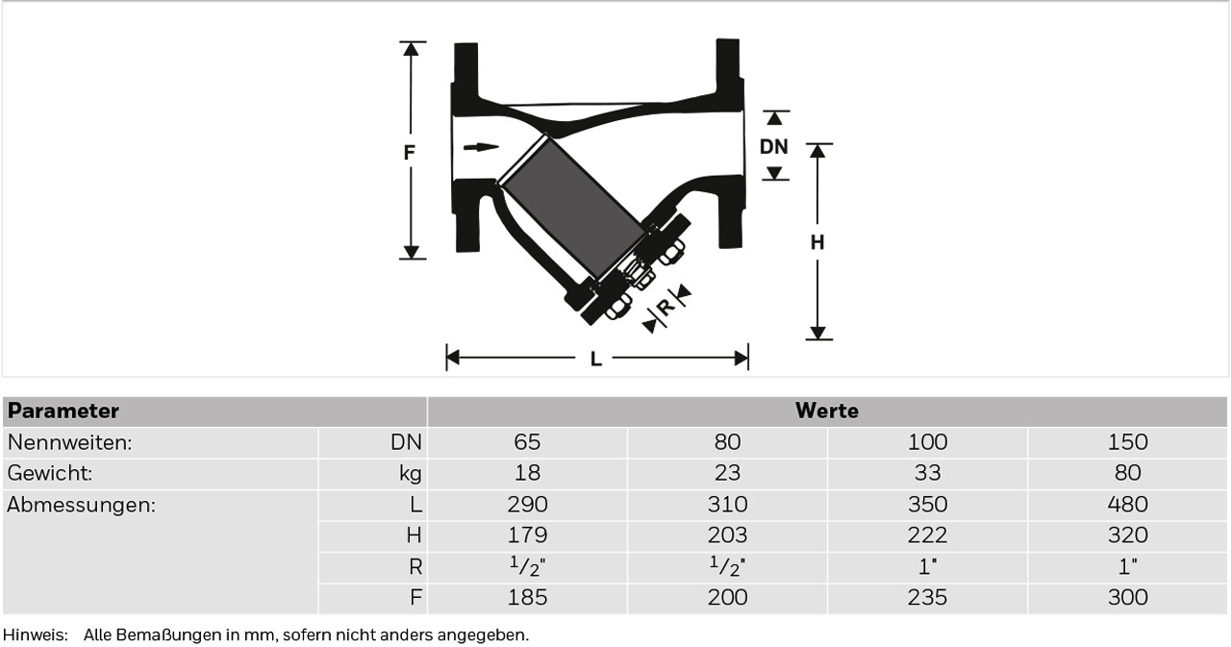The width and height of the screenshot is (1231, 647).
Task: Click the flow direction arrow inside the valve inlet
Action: (x=482, y=147)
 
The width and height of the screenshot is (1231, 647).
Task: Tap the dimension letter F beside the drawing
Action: (x=409, y=152)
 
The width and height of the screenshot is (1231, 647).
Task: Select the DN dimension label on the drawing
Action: (x=774, y=147)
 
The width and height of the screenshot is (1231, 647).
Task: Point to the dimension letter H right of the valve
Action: (x=817, y=242)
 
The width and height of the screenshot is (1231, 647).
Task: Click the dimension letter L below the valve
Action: (x=595, y=360)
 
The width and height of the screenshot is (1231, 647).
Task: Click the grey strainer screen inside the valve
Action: (x=574, y=208)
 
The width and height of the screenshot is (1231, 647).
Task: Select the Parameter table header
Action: (x=63, y=411)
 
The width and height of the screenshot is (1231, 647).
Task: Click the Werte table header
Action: (x=826, y=411)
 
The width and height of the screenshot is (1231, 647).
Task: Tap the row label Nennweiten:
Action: (x=70, y=442)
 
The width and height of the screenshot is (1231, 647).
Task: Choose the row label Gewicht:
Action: (x=49, y=473)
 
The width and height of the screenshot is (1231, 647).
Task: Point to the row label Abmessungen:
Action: (x=82, y=504)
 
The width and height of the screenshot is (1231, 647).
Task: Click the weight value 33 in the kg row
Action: (x=927, y=473)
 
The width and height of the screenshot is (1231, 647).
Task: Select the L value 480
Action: (x=1127, y=504)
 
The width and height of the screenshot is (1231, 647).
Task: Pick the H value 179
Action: (x=527, y=535)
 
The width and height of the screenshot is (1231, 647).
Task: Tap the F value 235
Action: (x=927, y=597)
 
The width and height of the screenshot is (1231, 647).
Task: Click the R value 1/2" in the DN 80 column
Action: (x=727, y=565)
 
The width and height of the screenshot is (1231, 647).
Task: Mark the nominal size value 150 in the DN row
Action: (x=1127, y=442)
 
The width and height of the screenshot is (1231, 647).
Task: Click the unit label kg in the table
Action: (x=411, y=473)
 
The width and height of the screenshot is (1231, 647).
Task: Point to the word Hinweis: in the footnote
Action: (x=36, y=635)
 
